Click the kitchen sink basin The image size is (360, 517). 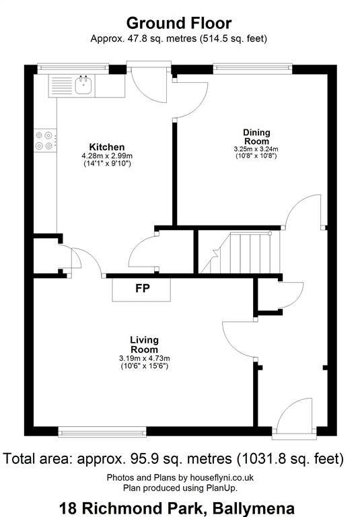tap(83, 85)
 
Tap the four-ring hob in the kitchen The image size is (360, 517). tap(45, 141)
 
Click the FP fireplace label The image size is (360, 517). tap(143, 288)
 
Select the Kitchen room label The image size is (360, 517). tap(107, 147)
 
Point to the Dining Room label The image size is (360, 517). tap(256, 137)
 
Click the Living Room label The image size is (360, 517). tap(145, 345)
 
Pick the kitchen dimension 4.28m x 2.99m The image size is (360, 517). tap(107, 156)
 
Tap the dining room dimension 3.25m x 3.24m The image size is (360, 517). tap(256, 149)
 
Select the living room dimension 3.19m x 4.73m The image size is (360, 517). tap(145, 358)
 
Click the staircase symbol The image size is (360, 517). tap(240, 252)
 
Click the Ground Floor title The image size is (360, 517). tap(179, 24)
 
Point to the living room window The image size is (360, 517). tap(102, 432)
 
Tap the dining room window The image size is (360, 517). tap(252, 69)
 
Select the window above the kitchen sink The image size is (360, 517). tap(73, 69)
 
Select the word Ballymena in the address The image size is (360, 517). tap(254, 508)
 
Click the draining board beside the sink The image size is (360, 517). tap(62, 85)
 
